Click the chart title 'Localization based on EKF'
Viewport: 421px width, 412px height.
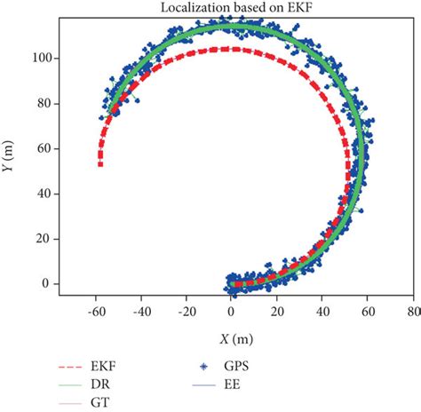pyautogui.click(x=229, y=9)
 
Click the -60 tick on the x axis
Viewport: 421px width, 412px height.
pyautogui.click(x=96, y=313)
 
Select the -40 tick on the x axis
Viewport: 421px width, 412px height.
pyautogui.click(x=141, y=313)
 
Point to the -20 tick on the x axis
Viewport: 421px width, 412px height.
pyautogui.click(x=187, y=313)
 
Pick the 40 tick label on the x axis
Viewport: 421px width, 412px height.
pyautogui.click(x=322, y=313)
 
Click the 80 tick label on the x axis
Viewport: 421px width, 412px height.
pyautogui.click(x=411, y=313)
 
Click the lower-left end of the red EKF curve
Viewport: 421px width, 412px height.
pyautogui.click(x=100, y=164)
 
